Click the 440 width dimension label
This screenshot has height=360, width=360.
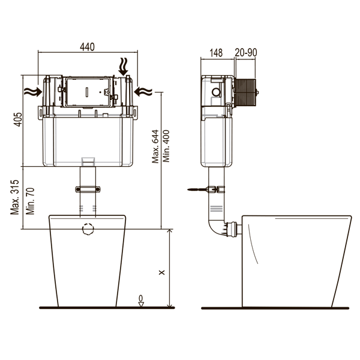tap(87, 47)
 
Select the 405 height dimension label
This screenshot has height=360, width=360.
tap(18, 119)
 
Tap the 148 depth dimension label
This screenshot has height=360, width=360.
tap(216, 53)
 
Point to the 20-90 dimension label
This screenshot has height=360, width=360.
tap(246, 53)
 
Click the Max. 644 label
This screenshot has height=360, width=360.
tap(155, 146)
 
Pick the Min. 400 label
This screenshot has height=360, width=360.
tap(166, 146)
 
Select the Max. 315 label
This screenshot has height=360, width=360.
tap(14, 197)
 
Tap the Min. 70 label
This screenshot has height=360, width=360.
tap(30, 201)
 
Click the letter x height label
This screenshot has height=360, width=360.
tap(162, 272)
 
